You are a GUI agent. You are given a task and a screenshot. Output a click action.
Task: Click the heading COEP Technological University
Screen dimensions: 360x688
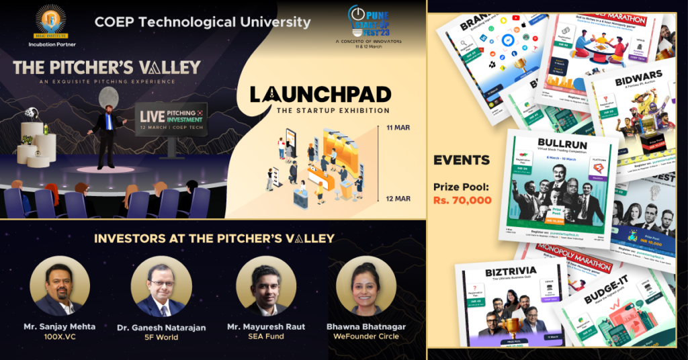coord(202,21)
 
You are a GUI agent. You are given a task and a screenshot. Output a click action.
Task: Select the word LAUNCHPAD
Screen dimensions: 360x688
coord(320,94)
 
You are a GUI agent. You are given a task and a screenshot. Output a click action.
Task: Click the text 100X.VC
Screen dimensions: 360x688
coord(60,336)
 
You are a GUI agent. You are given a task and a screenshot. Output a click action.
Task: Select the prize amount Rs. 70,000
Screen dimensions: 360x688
coord(462,200)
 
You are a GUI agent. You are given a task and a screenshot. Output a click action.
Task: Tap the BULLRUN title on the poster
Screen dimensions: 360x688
coord(562,144)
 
